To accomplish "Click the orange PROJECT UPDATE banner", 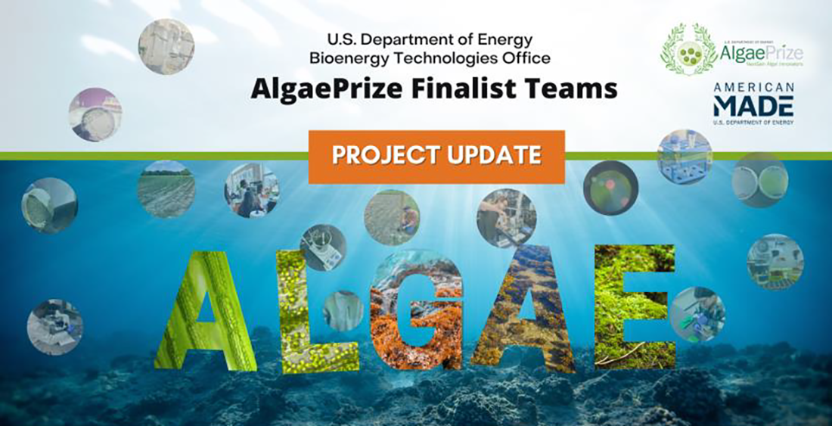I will pos(436,157).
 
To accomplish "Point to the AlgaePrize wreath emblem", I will pos(689,50).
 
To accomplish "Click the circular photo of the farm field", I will pos(166,189).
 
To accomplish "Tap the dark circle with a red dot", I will pos(610,188).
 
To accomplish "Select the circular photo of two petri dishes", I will pos(760,180).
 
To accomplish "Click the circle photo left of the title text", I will pos(166,46).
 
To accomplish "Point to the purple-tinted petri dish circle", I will pos(95,115).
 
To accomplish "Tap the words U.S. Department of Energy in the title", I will pos(430,39).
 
